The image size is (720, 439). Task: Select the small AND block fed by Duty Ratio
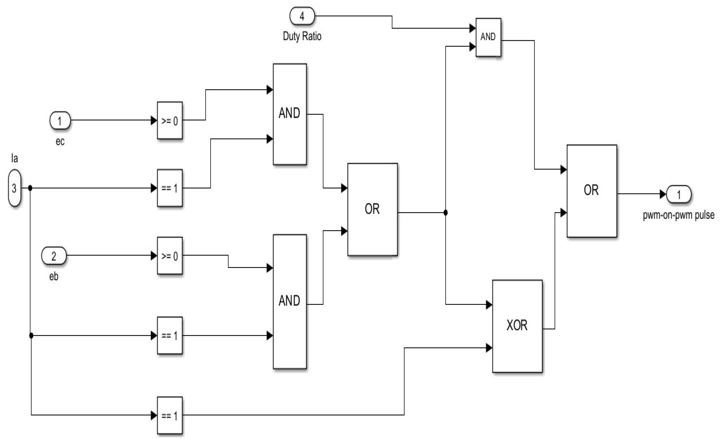(488, 37)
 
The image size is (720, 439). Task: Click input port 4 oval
(302, 16)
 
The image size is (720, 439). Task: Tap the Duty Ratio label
(302, 36)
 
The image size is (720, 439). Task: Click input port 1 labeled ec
(60, 120)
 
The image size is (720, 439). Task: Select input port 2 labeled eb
(54, 256)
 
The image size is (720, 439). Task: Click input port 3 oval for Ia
(14, 188)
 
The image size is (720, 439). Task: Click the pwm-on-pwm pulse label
(678, 215)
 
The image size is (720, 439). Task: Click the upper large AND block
(290, 114)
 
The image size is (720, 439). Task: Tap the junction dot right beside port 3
(30, 188)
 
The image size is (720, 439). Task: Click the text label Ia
(14, 158)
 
